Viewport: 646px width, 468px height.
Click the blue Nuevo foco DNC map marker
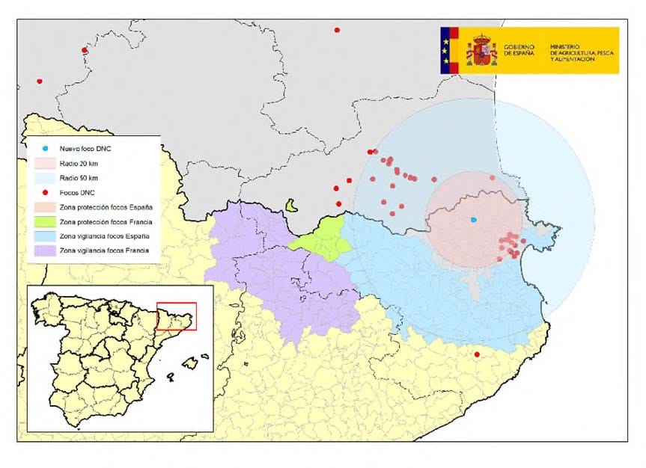click(473, 220)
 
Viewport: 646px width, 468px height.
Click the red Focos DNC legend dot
click(45, 192)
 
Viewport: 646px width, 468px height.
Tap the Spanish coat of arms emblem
click(482, 51)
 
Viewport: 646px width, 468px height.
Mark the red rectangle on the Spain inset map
click(177, 316)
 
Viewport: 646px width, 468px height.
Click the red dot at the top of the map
click(337, 30)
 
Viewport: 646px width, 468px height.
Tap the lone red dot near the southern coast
click(477, 354)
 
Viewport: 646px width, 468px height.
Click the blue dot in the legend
click(45, 150)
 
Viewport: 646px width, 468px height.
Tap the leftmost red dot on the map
click(39, 81)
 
